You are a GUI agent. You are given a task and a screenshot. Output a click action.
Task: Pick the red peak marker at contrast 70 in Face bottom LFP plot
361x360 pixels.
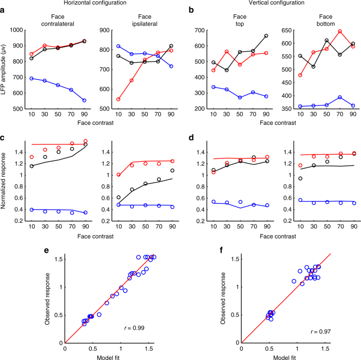tap(326, 32)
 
